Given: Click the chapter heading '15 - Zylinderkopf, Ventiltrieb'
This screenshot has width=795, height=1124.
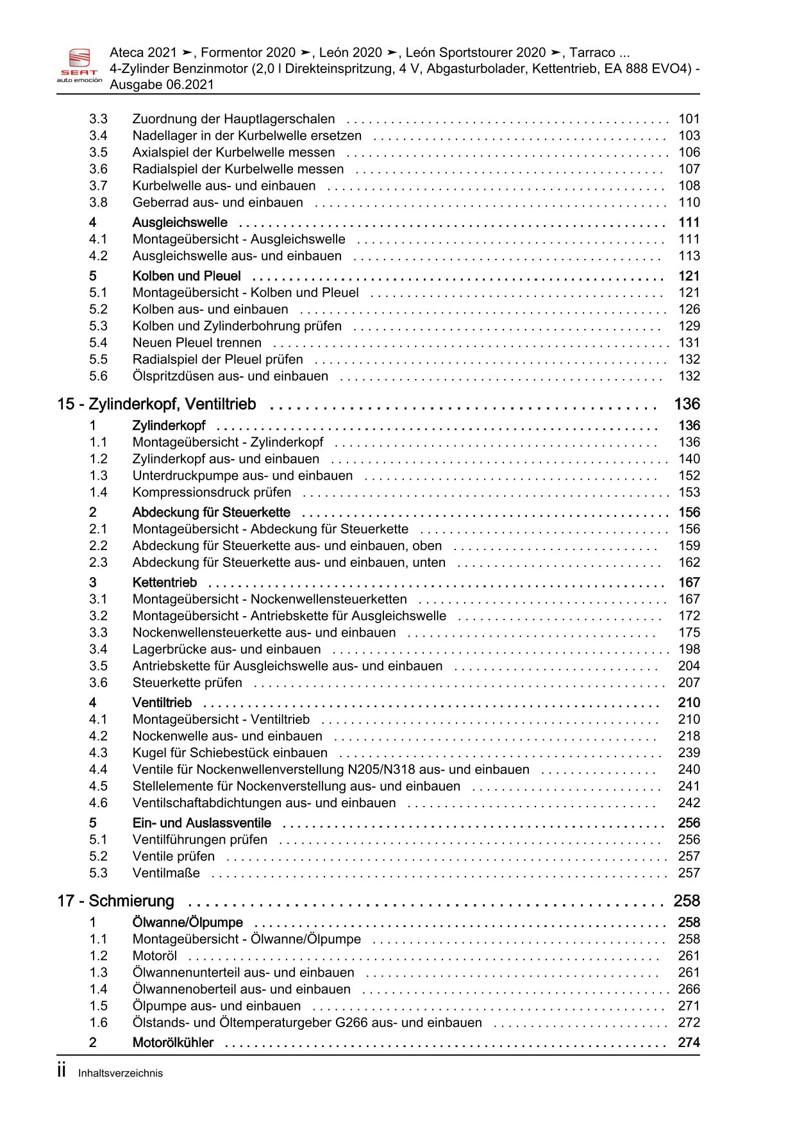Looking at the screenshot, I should click(156, 404).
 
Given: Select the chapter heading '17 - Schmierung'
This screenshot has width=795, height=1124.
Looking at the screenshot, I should click(115, 901).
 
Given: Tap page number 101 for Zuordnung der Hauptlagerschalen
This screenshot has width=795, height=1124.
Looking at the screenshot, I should click(689, 119).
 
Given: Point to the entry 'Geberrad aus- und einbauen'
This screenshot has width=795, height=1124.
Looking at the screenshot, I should click(217, 203).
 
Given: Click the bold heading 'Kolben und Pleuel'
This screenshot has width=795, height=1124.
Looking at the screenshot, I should click(187, 276).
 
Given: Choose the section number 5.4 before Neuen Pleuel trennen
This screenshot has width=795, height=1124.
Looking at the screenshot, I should click(98, 343).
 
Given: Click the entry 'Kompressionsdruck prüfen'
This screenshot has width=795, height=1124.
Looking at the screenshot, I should click(212, 492).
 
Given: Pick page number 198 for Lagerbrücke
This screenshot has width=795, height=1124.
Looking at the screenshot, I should click(689, 650).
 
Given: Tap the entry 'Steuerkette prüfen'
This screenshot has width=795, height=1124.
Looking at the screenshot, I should click(187, 683).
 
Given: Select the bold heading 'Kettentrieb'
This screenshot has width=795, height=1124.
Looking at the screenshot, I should click(165, 583).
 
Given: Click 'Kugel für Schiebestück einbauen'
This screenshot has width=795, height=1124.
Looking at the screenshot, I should click(230, 753).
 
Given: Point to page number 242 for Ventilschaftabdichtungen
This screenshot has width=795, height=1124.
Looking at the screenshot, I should click(689, 803).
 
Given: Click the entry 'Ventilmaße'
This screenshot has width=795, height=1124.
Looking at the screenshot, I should click(166, 873).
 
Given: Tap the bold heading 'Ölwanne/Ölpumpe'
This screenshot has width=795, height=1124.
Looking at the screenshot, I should click(187, 923).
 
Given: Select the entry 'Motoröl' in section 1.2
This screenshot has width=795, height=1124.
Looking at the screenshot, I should click(155, 956).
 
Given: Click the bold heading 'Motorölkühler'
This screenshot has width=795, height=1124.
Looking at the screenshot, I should click(172, 1043).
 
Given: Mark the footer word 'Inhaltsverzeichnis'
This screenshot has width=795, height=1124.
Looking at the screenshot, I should click(121, 1073).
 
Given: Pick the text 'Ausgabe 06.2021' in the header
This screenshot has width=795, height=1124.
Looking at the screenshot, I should click(162, 85).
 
